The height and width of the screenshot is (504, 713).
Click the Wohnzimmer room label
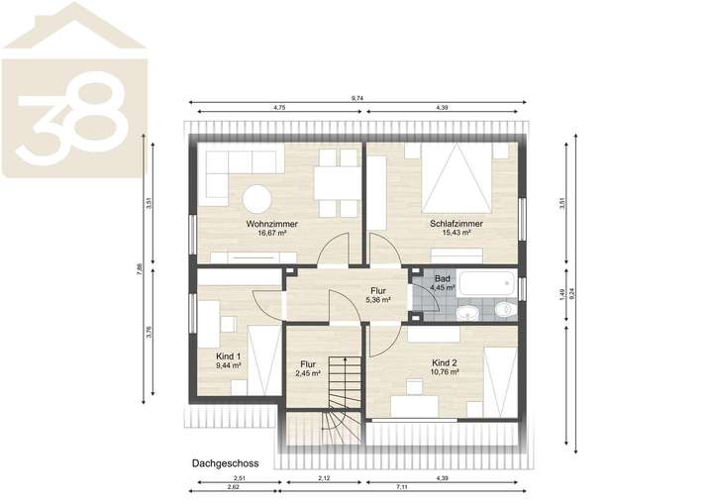pos(271,224)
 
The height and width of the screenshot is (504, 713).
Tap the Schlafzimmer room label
pos(457,224)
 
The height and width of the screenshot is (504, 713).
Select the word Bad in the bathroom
pos(443,279)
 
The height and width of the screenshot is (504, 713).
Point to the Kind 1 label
pos(229,354)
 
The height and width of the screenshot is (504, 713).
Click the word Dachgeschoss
pos(225,462)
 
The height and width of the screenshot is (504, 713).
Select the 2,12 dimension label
pos(324,478)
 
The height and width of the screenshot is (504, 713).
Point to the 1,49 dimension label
pos(560,292)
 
